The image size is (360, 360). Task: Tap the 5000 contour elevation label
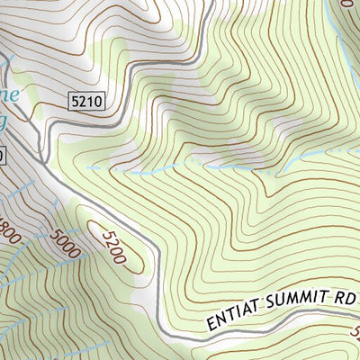click(x=66, y=242)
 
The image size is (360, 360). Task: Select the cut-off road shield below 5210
click(x=3, y=156)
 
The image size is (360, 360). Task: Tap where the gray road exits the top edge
click(x=209, y=3)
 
